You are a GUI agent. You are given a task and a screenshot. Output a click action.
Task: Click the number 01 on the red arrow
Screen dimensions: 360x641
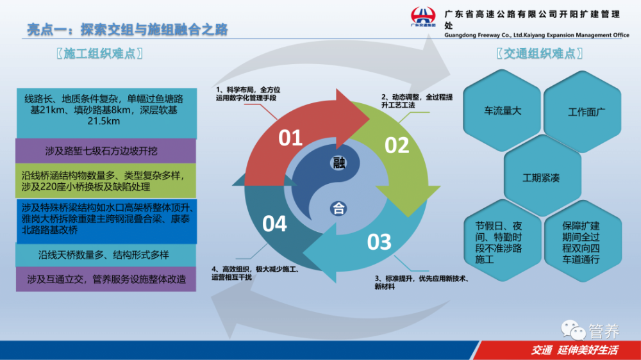tap(290, 138)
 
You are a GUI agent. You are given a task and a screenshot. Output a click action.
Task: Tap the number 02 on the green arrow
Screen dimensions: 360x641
tap(396, 145)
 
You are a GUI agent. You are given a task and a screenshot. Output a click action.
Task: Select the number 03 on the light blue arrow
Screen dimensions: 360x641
tap(379, 242)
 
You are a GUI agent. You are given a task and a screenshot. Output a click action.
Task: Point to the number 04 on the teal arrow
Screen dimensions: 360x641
tap(274, 224)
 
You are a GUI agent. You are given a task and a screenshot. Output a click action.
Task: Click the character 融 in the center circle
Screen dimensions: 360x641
tap(339, 162)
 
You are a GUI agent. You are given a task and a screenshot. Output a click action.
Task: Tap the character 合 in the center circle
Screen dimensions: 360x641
tap(339, 208)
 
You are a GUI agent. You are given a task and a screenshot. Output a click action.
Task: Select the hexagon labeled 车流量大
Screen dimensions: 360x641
tap(503, 111)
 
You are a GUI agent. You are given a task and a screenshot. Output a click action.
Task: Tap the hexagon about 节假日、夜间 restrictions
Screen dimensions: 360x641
tap(503, 243)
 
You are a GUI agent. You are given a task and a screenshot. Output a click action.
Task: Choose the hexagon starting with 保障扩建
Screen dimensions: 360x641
tap(583, 243)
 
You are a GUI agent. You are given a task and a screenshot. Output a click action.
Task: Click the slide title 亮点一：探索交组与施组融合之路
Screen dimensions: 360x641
tap(128, 29)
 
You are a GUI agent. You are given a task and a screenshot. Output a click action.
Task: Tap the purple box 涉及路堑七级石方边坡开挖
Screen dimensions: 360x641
tap(106, 152)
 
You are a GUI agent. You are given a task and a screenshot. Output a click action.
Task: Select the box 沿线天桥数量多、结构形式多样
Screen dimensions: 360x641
tap(106, 254)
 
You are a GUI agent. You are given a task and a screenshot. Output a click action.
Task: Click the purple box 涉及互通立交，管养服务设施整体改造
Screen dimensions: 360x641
tap(106, 279)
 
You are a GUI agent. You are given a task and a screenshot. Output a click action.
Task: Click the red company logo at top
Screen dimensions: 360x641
tap(423, 17)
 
